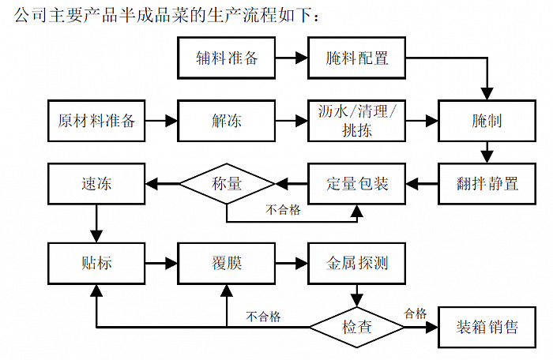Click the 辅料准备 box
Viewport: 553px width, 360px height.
(x=227, y=58)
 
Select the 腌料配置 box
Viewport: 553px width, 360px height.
(x=357, y=58)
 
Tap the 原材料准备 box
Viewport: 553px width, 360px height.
(x=96, y=121)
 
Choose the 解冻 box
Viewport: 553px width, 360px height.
(x=227, y=121)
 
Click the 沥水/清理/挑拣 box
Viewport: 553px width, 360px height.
(x=357, y=121)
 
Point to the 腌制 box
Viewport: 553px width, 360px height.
(x=487, y=121)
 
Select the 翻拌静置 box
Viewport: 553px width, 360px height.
(x=487, y=184)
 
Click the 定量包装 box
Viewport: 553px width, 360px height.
(x=357, y=184)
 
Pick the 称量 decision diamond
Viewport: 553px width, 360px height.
(x=227, y=184)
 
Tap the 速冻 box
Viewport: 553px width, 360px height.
(x=96, y=184)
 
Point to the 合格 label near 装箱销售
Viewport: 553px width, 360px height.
(x=416, y=313)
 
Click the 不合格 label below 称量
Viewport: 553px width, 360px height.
(x=283, y=210)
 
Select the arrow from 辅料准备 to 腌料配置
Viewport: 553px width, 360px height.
(x=292, y=58)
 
